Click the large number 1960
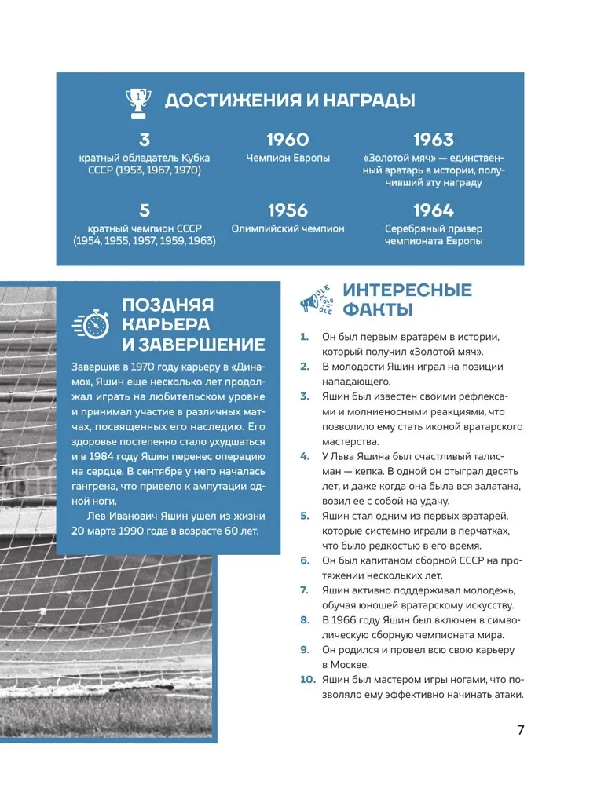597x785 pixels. tap(288, 140)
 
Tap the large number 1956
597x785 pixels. tap(288, 210)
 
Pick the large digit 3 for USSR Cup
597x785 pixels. tap(144, 140)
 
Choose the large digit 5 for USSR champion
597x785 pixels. tap(144, 210)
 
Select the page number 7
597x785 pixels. tap(520, 729)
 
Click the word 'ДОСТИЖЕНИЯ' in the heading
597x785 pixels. tap(226, 100)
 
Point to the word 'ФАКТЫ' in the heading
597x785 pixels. tap(378, 309)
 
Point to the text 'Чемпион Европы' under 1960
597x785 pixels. tap(288, 158)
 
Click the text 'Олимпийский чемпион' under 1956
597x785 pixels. tap(288, 228)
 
